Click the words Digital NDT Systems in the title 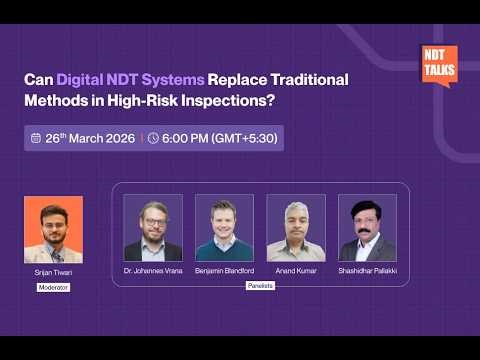point(131,79)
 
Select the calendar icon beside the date point(36,138)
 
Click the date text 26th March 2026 point(89,138)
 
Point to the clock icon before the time point(153,138)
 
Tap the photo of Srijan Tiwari point(53,229)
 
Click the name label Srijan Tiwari point(53,272)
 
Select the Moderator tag point(53,286)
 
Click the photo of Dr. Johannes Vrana point(153,228)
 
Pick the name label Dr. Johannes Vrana point(153,271)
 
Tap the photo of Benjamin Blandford point(224,228)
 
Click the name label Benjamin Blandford point(224,271)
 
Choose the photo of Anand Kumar point(296,228)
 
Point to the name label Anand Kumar point(296,271)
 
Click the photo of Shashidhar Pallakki point(367,228)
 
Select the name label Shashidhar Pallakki point(367,271)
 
